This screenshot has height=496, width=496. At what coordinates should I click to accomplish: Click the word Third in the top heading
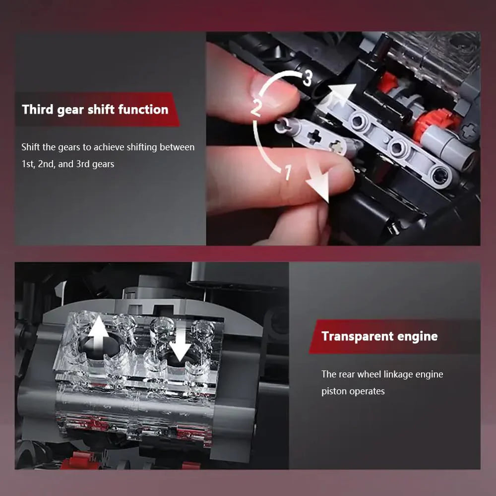(38, 109)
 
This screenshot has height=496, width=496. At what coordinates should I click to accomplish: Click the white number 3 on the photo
(308, 78)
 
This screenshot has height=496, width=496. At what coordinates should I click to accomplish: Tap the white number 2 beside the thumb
(256, 108)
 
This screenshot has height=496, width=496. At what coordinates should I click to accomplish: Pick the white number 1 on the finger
(287, 173)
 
